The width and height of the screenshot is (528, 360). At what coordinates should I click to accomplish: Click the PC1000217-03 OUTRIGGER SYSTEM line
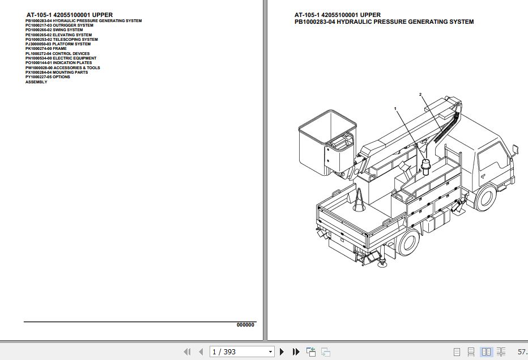click(x=59, y=26)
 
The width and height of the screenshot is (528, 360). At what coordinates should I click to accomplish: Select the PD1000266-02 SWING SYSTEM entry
click(x=54, y=30)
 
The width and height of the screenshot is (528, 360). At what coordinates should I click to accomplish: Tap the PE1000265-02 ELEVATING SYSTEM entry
click(x=58, y=35)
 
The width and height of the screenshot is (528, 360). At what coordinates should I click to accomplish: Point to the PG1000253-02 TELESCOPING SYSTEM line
click(x=61, y=40)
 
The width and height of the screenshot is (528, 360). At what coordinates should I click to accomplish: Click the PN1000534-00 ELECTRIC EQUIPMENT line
click(x=61, y=58)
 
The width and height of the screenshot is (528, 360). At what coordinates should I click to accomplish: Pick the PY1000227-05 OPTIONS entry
click(x=48, y=77)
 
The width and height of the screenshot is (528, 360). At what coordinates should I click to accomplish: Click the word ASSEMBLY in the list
click(x=36, y=82)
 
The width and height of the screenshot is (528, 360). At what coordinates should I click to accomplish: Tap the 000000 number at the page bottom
click(x=245, y=325)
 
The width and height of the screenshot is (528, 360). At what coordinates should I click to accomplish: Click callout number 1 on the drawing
click(x=395, y=108)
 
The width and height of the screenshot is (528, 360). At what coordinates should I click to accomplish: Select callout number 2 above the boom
click(x=420, y=94)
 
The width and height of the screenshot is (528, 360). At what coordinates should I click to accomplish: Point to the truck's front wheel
click(x=486, y=198)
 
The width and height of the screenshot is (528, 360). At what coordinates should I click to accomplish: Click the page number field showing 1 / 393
click(x=237, y=352)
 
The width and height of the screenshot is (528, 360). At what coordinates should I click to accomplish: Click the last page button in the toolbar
click(x=296, y=352)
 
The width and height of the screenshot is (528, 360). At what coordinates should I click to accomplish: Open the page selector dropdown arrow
click(x=270, y=352)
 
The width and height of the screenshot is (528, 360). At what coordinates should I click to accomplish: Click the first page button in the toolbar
click(x=188, y=352)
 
